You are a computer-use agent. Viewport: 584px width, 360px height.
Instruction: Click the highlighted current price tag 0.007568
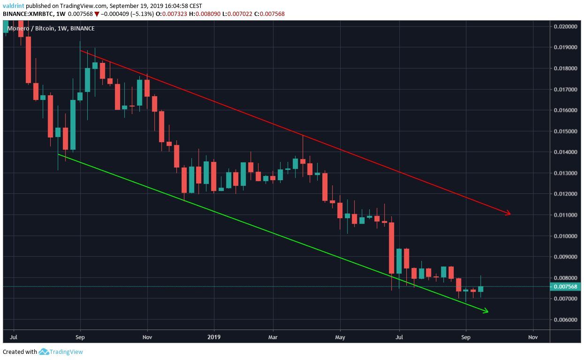click(565, 287)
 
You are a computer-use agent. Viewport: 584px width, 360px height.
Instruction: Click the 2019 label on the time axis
click(214, 337)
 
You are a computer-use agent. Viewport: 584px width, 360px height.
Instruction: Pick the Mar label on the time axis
click(273, 337)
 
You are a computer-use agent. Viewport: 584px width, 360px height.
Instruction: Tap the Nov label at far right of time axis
click(532, 337)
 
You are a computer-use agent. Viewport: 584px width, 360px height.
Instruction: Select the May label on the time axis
click(340, 337)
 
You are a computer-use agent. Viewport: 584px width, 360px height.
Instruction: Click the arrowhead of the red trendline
click(508, 214)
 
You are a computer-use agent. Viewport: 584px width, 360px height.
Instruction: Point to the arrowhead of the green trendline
click(486, 311)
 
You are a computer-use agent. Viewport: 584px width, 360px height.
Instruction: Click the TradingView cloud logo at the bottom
click(44, 352)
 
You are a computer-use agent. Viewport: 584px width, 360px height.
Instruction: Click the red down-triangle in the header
click(97, 14)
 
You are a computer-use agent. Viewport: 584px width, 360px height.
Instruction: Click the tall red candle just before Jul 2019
click(391, 248)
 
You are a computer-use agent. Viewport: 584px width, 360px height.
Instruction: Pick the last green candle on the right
click(480, 289)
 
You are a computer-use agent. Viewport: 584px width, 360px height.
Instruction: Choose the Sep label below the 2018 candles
click(80, 337)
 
